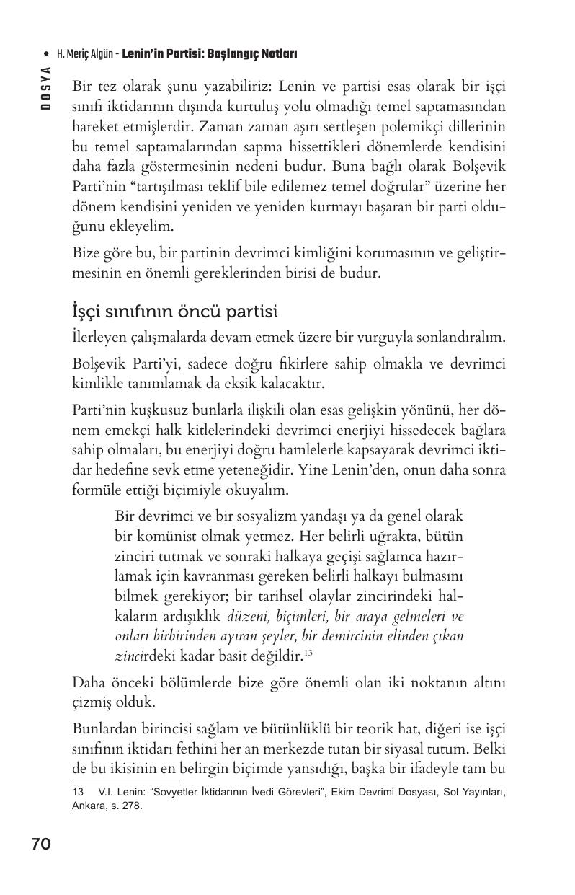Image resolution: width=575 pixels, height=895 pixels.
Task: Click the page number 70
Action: [41, 845]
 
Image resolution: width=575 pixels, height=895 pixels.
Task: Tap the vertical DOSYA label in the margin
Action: [45, 87]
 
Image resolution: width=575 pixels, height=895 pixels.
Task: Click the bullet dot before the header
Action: [47, 54]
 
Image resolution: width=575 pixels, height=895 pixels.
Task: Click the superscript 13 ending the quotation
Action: [308, 653]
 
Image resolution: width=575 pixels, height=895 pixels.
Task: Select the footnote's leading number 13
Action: [79, 793]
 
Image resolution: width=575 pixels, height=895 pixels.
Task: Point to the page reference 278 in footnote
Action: [133, 806]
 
